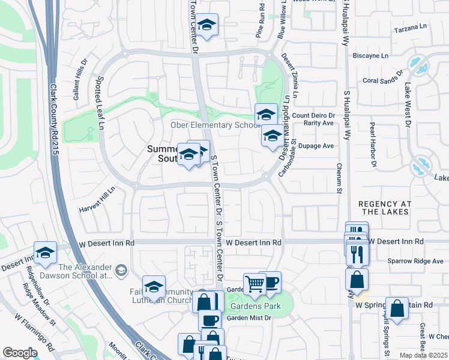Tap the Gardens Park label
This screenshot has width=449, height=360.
coord(250,305)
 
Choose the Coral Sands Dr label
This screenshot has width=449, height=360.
coord(383,80)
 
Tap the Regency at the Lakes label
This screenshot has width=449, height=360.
coord(384,208)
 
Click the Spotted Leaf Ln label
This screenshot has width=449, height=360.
coord(101,103)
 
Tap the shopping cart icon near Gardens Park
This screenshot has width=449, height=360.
coord(255,283)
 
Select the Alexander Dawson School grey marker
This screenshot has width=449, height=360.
coord(121,271)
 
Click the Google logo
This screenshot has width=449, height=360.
coord(20,353)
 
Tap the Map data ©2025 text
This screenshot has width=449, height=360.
coord(423,355)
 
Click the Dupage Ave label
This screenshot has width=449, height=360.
coord(320,146)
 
